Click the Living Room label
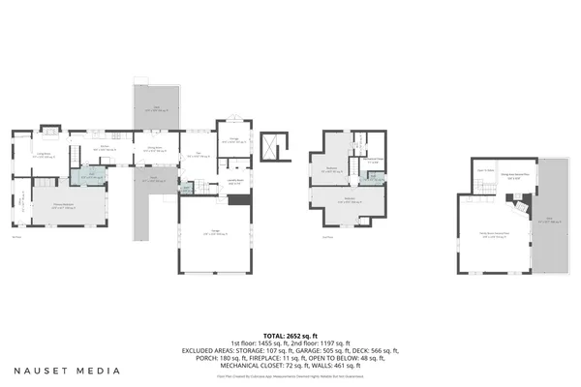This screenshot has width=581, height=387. coord(44,154)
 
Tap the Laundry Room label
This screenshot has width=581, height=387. coord(235,180)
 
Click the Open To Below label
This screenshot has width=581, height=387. coord(485,170)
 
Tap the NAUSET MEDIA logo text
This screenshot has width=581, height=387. coord(67,371)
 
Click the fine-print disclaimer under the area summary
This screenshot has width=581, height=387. coord(290,373)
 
